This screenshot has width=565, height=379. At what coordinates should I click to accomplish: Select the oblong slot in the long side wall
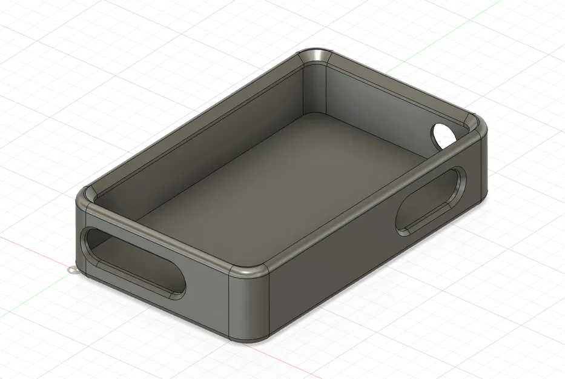click(x=431, y=200)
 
